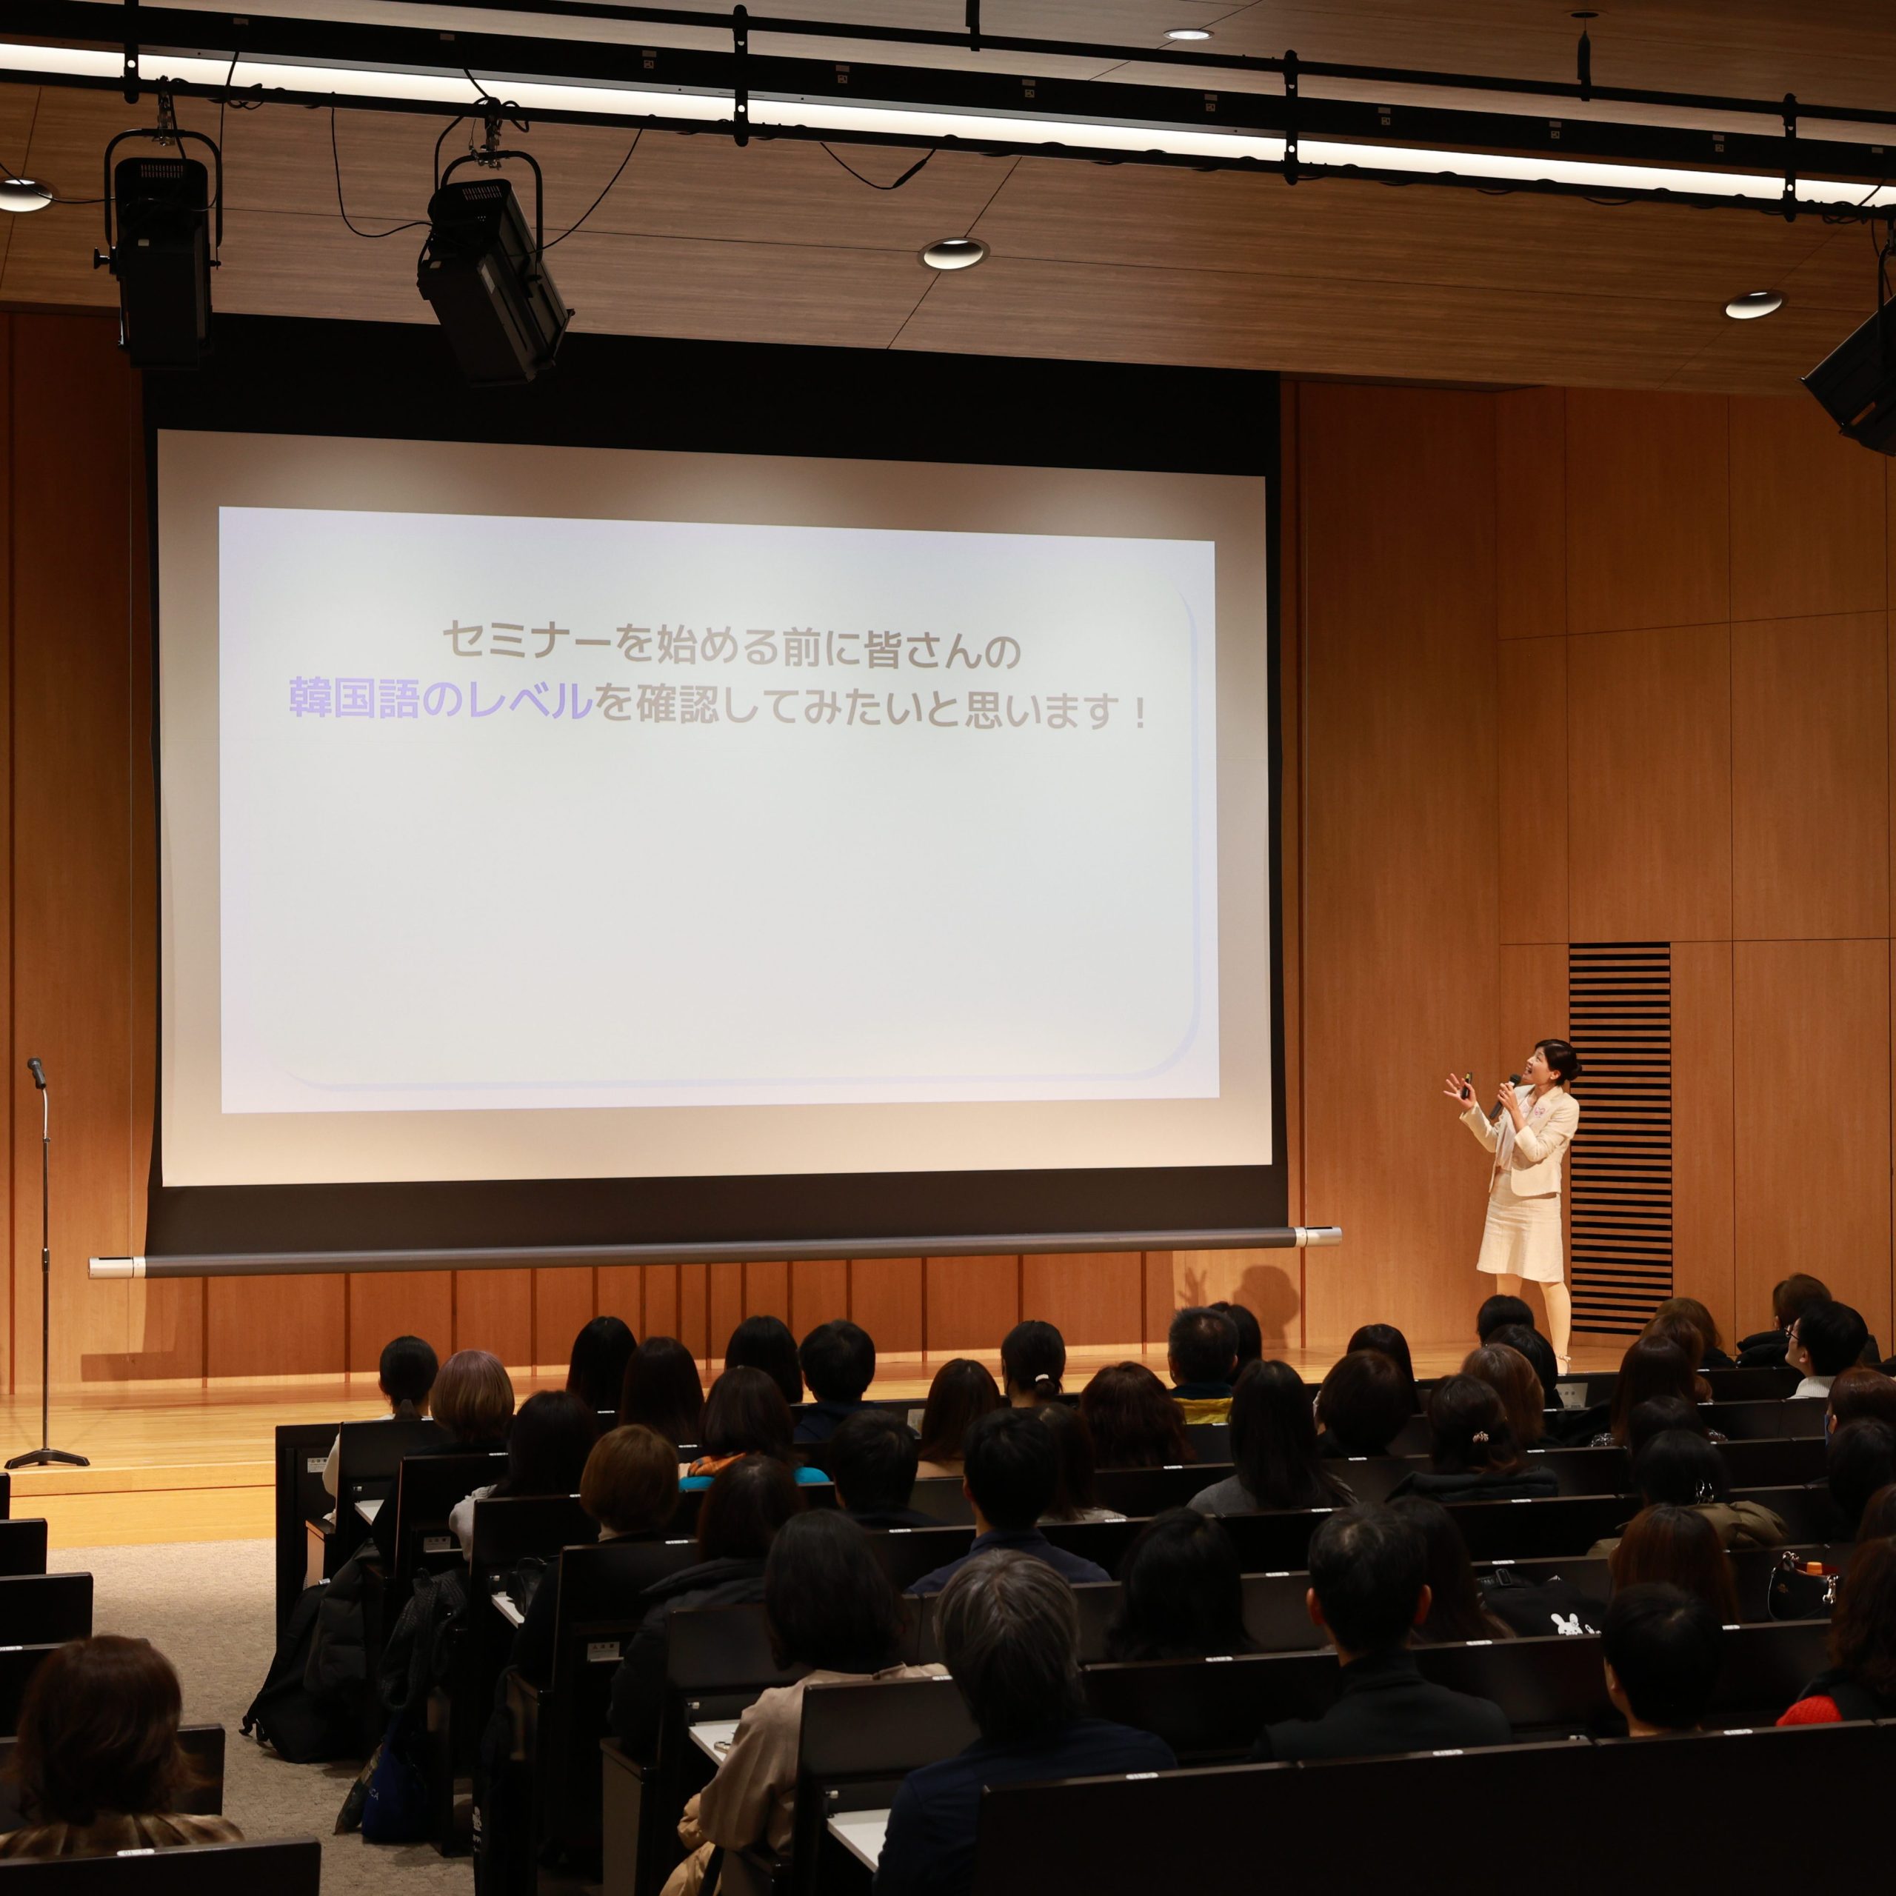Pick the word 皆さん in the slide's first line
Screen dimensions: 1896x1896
[x=921, y=650]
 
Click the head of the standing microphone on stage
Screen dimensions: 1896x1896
[x=36, y=1072]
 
